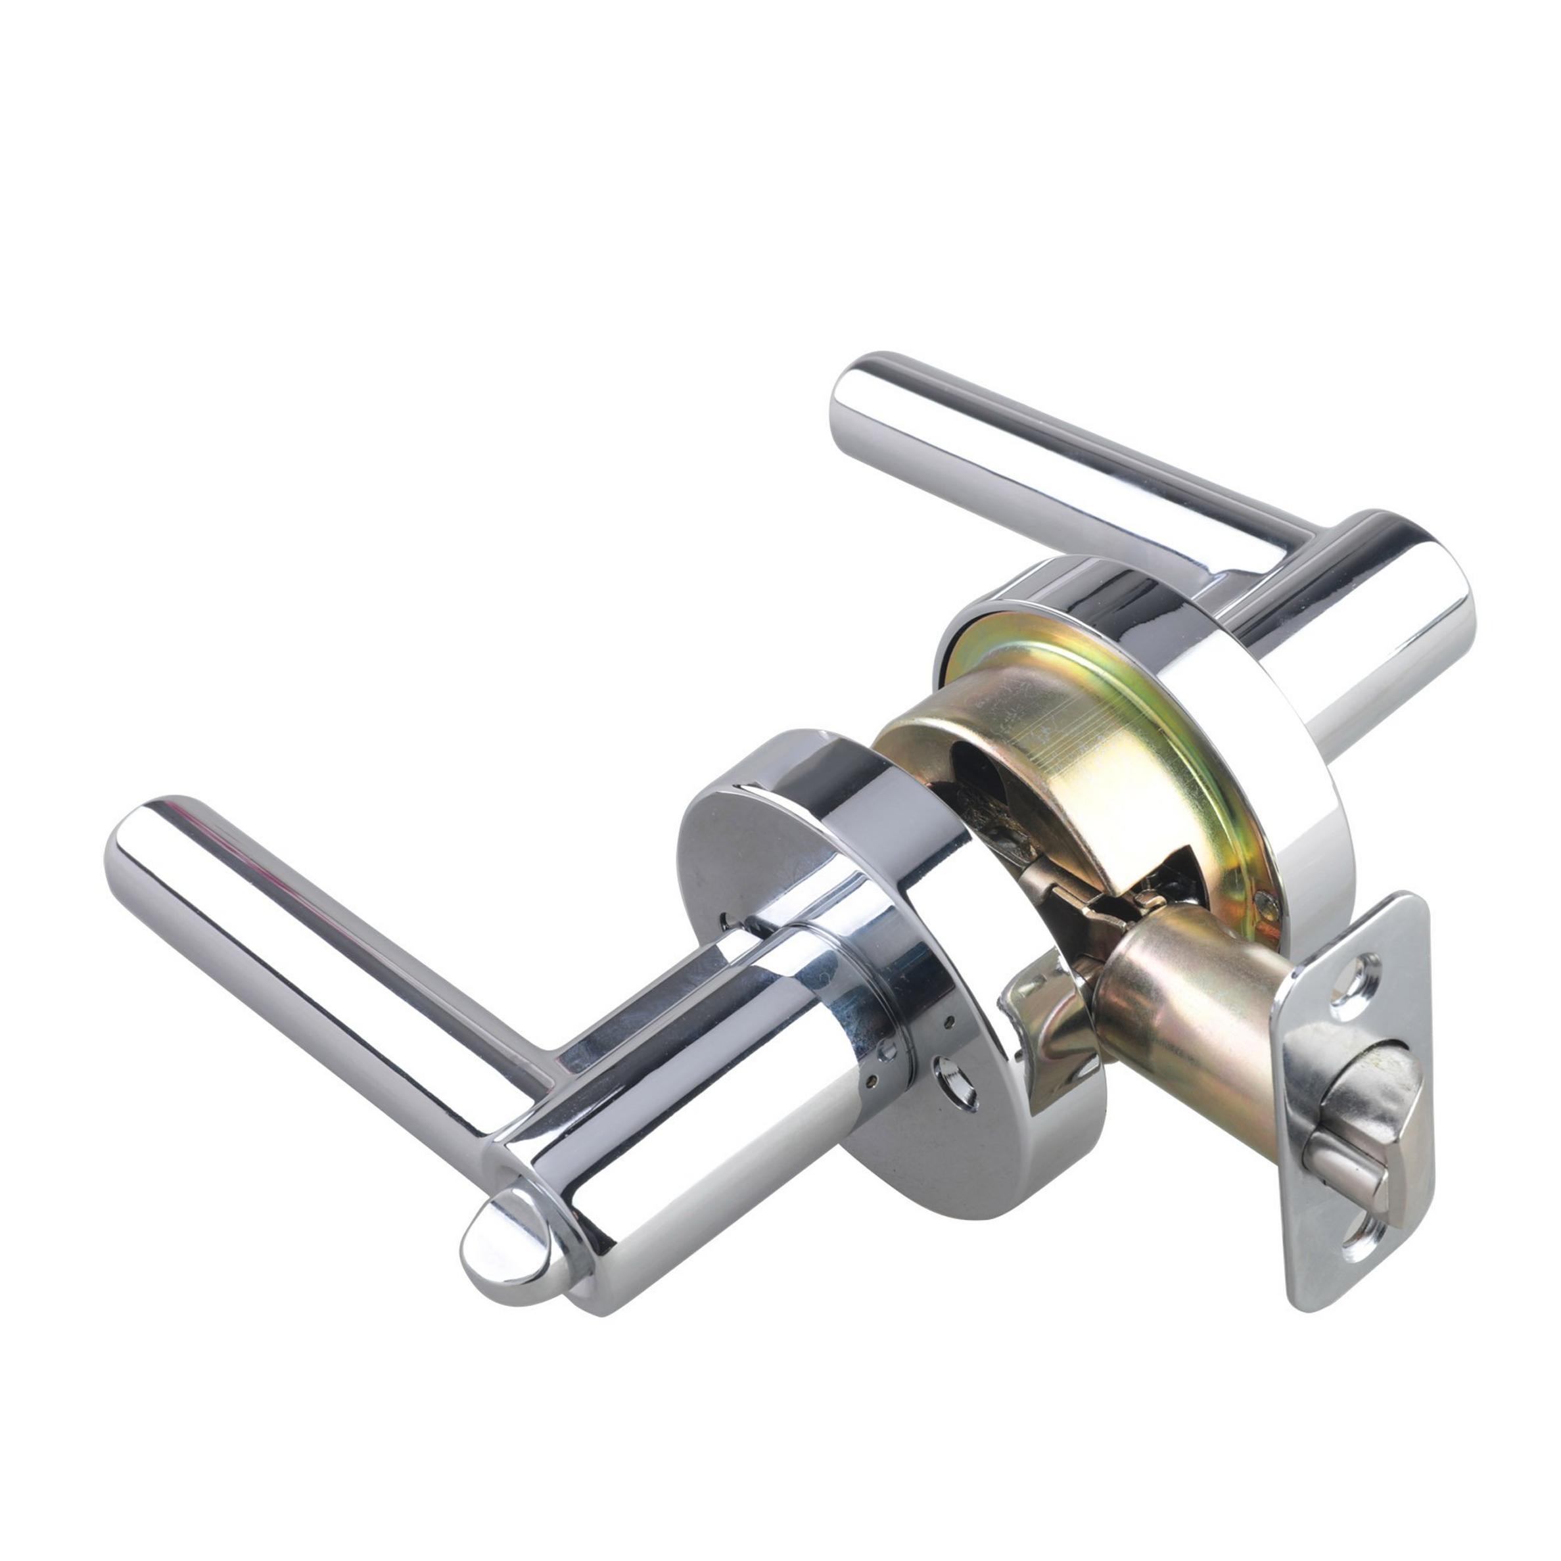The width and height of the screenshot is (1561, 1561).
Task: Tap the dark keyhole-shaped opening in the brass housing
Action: [982, 776]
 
